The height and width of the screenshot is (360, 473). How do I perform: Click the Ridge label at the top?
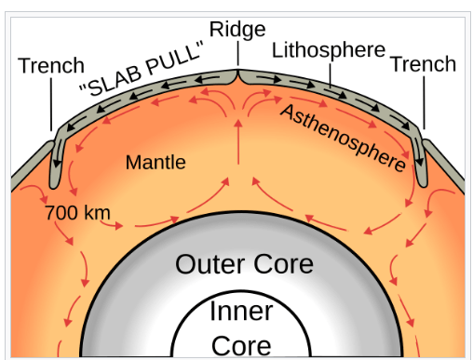tap(237, 30)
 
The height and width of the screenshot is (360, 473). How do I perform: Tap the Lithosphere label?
tap(329, 50)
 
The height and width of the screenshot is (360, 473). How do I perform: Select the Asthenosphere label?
tap(344, 139)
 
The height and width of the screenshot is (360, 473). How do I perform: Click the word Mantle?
tap(155, 162)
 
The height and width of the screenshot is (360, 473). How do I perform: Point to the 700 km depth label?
tap(77, 213)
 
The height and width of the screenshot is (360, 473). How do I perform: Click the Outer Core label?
tap(244, 264)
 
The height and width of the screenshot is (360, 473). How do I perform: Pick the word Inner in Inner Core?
tap(241, 311)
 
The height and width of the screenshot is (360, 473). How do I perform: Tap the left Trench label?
tap(51, 65)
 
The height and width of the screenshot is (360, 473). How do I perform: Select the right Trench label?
tap(423, 64)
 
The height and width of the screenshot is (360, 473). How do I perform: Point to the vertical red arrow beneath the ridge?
tap(238, 142)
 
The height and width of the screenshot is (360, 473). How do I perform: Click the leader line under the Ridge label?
tap(238, 53)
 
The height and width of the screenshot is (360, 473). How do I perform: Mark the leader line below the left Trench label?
tap(51, 104)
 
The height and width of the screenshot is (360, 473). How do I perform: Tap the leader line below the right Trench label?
tap(424, 102)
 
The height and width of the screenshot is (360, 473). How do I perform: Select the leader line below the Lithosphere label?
tap(330, 74)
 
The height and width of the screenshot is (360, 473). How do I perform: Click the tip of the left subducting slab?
tap(54, 187)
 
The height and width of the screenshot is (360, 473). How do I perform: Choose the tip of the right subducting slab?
tap(423, 185)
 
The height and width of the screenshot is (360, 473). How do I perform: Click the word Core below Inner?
tap(241, 346)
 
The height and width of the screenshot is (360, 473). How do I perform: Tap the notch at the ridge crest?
tap(238, 73)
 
